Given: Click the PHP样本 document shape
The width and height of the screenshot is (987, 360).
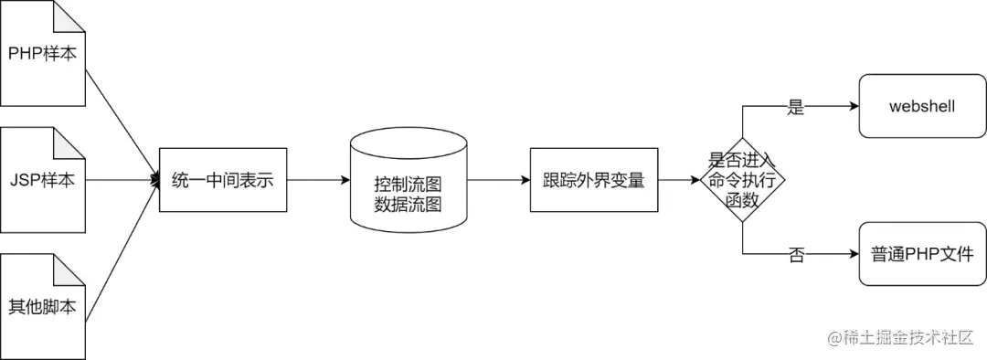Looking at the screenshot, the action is pyautogui.click(x=42, y=54).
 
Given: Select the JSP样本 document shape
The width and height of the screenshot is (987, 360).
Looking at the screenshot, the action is pyautogui.click(x=42, y=180).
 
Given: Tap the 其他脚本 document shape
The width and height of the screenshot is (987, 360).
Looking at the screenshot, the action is pyautogui.click(x=42, y=306).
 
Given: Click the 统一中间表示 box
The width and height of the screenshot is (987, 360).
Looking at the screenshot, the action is pyautogui.click(x=223, y=180).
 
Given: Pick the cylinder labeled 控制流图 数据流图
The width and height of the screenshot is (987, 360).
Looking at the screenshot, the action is pyautogui.click(x=408, y=180).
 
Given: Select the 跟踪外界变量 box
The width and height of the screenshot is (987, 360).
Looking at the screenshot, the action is pyautogui.click(x=594, y=180).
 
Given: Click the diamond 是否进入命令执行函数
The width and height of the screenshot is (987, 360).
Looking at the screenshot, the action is pyautogui.click(x=743, y=180).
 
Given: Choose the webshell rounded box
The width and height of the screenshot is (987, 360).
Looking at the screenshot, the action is pyautogui.click(x=922, y=106).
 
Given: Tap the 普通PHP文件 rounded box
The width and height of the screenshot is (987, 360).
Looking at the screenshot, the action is pyautogui.click(x=922, y=254).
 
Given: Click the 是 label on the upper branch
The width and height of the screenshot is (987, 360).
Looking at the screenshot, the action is pyautogui.click(x=796, y=107).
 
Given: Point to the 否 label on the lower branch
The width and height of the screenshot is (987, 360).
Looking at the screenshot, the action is pyautogui.click(x=796, y=255).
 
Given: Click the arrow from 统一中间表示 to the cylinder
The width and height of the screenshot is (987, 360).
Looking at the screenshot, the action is pyautogui.click(x=319, y=180).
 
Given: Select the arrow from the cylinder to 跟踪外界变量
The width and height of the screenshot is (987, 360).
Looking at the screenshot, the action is pyautogui.click(x=499, y=180).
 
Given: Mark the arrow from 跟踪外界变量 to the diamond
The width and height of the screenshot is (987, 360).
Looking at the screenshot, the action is pyautogui.click(x=679, y=180).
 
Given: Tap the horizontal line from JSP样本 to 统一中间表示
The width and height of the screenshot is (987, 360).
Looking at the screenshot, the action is pyautogui.click(x=122, y=180).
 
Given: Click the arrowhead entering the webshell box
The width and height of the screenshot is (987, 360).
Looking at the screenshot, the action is pyautogui.click(x=854, y=106).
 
